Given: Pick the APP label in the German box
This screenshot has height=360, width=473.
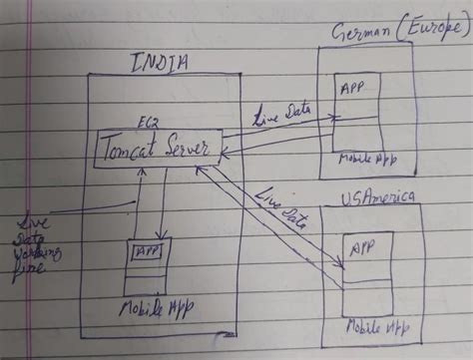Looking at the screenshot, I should coord(352,88).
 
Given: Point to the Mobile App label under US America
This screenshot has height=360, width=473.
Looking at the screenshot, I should coord(376,326).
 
